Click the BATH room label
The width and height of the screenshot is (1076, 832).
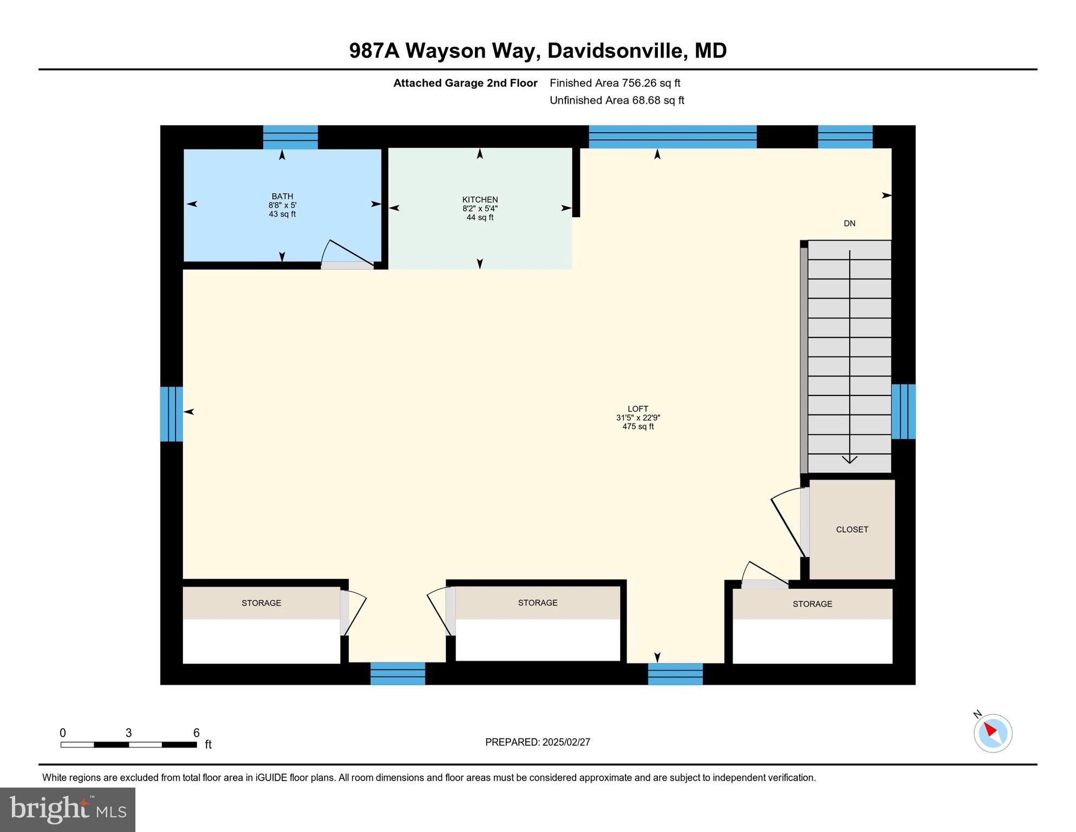coord(282,196)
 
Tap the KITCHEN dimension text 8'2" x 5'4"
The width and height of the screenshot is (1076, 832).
coord(480,209)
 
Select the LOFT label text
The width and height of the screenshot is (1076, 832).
coord(638,409)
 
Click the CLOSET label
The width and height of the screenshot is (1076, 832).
coord(852,529)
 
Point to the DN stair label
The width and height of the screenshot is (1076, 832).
coord(849,223)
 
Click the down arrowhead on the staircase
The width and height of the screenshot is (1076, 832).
coord(850,459)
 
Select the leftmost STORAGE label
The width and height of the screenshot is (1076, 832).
coord(261,603)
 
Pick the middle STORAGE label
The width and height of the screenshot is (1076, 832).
coord(537,603)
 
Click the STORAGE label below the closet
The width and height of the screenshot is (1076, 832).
coord(812,604)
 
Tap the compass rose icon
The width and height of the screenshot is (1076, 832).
coord(993,733)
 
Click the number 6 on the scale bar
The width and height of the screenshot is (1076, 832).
coord(197,733)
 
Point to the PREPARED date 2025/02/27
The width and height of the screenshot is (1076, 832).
coord(564,742)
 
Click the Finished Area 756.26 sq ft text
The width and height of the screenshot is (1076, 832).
coord(615,83)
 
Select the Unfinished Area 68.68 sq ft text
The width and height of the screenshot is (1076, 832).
coord(617,100)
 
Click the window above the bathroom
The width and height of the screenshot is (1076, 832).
coord(290,137)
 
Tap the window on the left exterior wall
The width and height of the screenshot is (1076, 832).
coord(172,414)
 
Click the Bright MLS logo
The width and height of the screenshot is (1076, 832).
coord(68,809)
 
